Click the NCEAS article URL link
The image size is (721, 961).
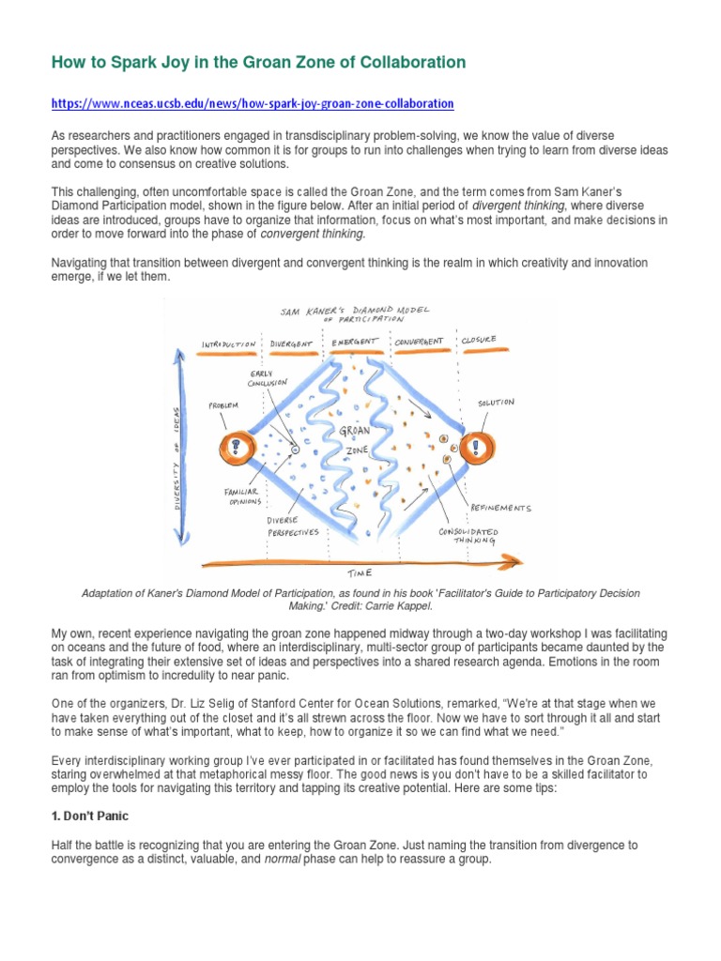253,103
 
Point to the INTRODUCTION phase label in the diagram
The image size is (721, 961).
229,343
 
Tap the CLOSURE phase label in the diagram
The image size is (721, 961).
478,340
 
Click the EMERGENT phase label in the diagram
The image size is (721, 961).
354,342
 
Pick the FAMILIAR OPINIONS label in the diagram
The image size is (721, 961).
241,496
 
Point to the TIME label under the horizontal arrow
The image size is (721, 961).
359,572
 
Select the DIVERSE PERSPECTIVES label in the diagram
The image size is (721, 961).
292,526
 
